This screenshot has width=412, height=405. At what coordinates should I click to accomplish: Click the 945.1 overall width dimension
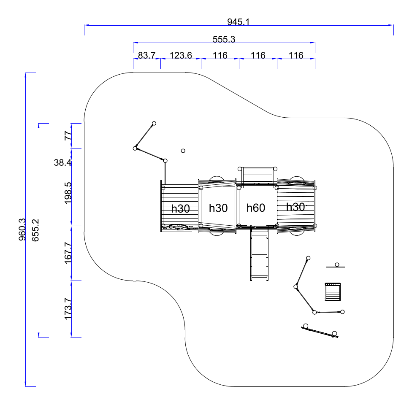point(239,22)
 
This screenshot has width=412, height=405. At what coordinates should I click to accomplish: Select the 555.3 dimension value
point(224,39)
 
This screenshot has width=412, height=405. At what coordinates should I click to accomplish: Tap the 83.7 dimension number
point(146,55)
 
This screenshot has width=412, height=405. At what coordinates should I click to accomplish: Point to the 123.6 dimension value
point(181,55)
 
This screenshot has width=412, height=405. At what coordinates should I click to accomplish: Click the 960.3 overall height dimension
point(22,229)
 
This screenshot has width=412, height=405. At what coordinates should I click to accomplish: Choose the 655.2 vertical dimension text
point(35,230)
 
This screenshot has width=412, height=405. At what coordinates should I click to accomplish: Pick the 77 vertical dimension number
point(68,136)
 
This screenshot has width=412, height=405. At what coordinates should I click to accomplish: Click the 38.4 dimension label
point(62,162)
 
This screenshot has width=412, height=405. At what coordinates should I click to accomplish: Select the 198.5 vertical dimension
point(68,193)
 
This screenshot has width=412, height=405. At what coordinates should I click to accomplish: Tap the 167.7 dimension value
point(68,253)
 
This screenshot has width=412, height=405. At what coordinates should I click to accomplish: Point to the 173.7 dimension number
point(68,309)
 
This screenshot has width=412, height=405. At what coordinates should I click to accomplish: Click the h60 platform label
point(256,208)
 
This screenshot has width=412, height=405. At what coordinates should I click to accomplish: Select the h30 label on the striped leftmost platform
point(181,209)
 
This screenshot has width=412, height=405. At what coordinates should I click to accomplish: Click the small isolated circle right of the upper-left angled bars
point(183,151)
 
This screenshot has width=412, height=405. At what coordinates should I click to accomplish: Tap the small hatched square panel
point(333,292)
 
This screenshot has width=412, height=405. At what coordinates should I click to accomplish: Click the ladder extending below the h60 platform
point(259,253)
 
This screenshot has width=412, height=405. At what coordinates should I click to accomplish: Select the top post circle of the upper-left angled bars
point(154,124)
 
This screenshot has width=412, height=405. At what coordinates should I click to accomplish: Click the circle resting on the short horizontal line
point(337,265)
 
